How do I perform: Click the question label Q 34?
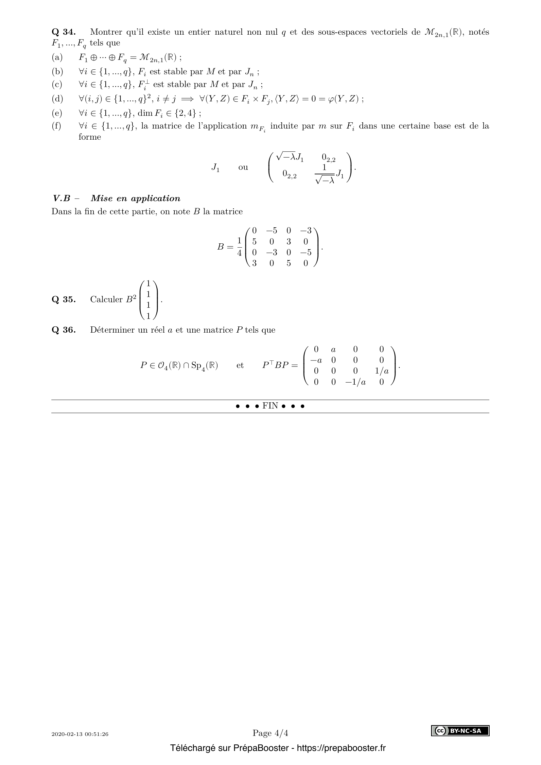pyautogui.click(x=64, y=32)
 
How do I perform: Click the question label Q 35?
pyautogui.click(x=64, y=299)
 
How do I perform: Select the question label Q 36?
pyautogui.click(x=64, y=330)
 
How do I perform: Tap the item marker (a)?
pyautogui.click(x=57, y=57)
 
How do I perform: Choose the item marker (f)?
pyautogui.click(x=57, y=126)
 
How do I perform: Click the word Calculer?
pyautogui.click(x=106, y=299)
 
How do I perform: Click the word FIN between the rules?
pyautogui.click(x=270, y=406)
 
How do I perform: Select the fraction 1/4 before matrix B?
pyautogui.click(x=239, y=247)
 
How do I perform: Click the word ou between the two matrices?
pyautogui.click(x=243, y=167)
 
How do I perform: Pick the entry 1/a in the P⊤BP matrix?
pyautogui.click(x=381, y=371)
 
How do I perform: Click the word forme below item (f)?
pyautogui.click(x=90, y=137)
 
